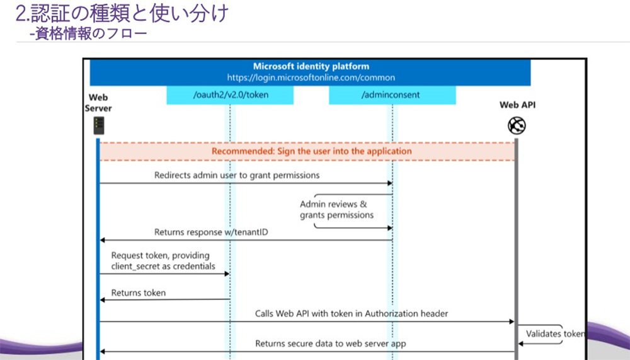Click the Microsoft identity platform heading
point(311,66)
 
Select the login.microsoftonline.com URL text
point(311,78)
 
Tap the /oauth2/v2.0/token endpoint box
point(230,95)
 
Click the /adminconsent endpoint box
point(392,95)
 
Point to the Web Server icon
point(99,125)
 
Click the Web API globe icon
point(517,125)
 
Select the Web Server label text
point(98,103)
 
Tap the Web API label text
point(517,105)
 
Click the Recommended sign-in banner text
point(312,151)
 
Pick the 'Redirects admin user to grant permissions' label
point(237,175)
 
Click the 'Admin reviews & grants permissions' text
point(336,209)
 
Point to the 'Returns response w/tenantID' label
point(211,232)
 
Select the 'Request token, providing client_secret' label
point(163,260)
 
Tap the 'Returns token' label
point(138,293)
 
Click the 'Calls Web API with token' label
point(352,314)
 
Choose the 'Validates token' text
point(555,334)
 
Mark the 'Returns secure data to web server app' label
point(331,344)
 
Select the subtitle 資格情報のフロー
point(88,33)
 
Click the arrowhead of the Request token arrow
point(227,274)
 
